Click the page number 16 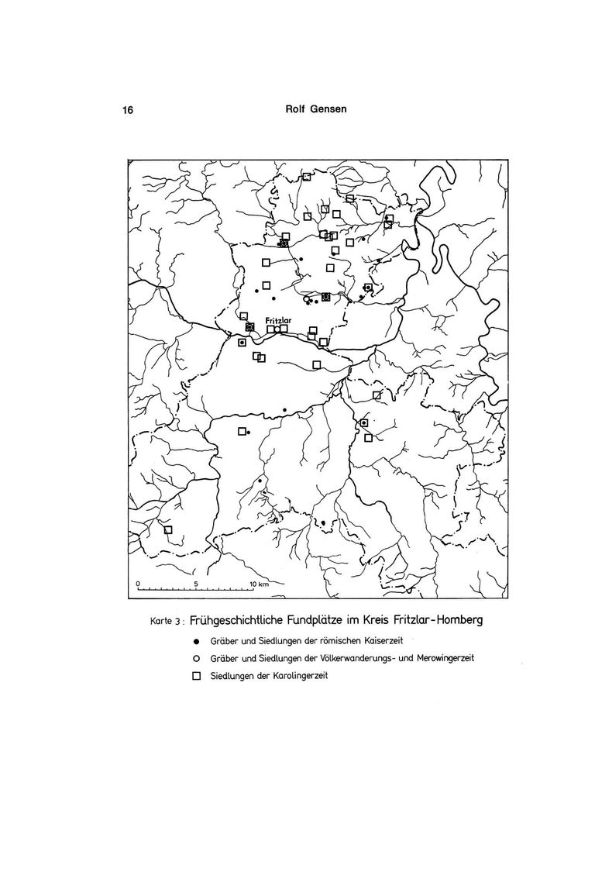(128, 110)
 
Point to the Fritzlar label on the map (277, 319)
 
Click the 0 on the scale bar (137, 582)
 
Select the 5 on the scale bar (197, 582)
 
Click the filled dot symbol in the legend (196, 642)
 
